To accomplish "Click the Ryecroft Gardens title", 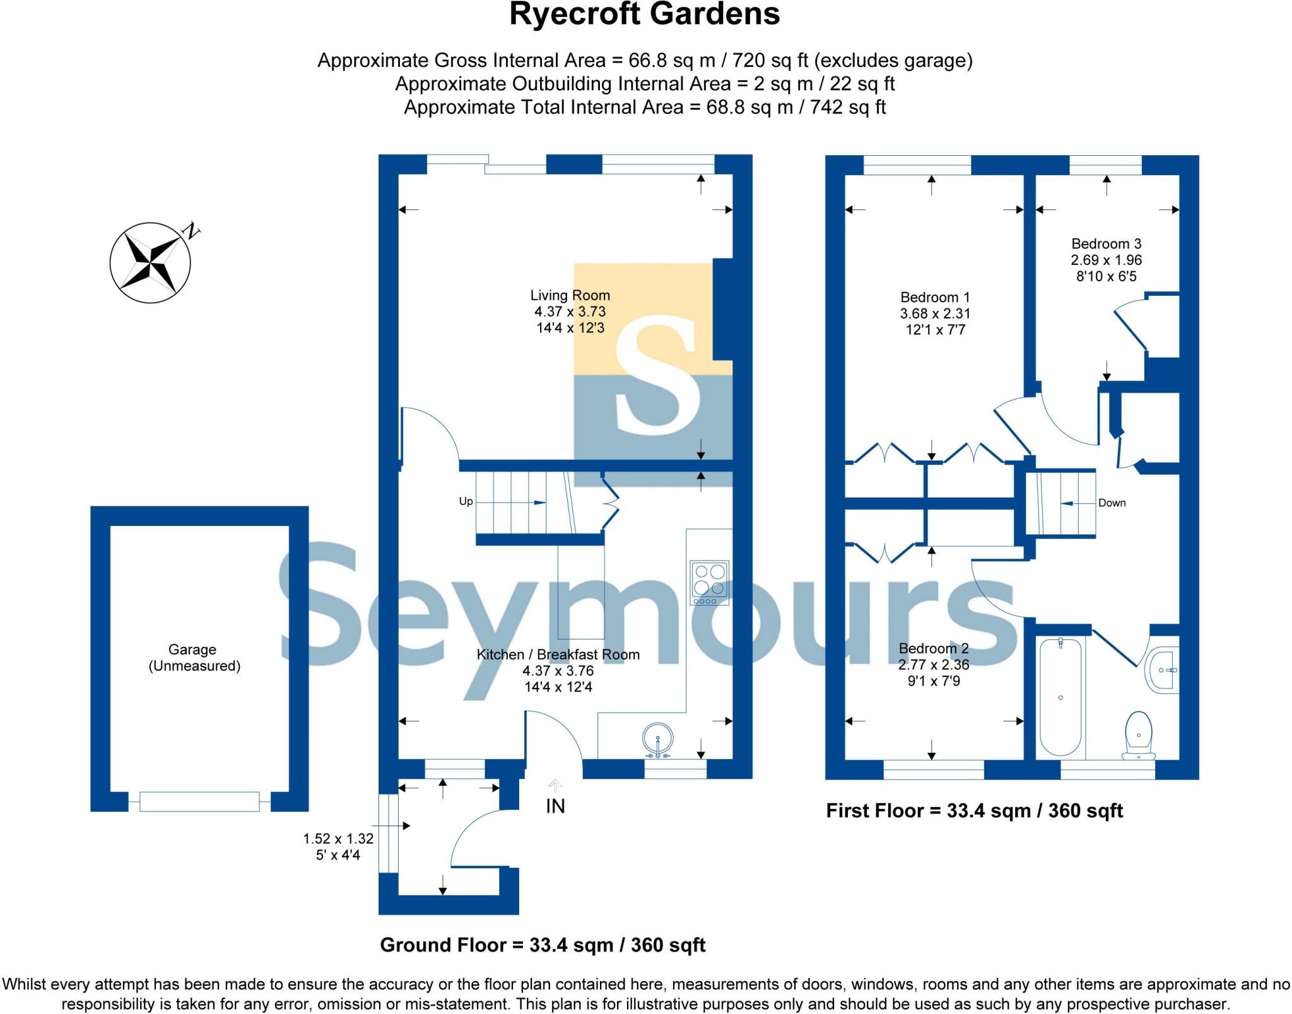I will click(644, 15).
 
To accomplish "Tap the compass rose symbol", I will click(150, 262).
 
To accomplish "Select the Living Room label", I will click(570, 295).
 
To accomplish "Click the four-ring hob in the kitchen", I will click(710, 582).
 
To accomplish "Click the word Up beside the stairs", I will click(466, 501).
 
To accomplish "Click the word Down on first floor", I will click(1112, 503).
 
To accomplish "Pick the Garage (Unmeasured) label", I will click(193, 657).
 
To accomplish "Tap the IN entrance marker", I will click(555, 806).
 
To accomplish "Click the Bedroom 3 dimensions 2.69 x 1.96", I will click(1106, 260).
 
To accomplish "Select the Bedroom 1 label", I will click(934, 297).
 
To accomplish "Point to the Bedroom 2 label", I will click(933, 648).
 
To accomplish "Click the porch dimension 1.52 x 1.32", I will click(338, 839).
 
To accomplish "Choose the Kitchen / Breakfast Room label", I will click(558, 655).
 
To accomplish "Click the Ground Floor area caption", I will click(543, 945).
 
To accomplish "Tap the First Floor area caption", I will click(974, 810).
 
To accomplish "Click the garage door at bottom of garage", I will click(199, 801).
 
